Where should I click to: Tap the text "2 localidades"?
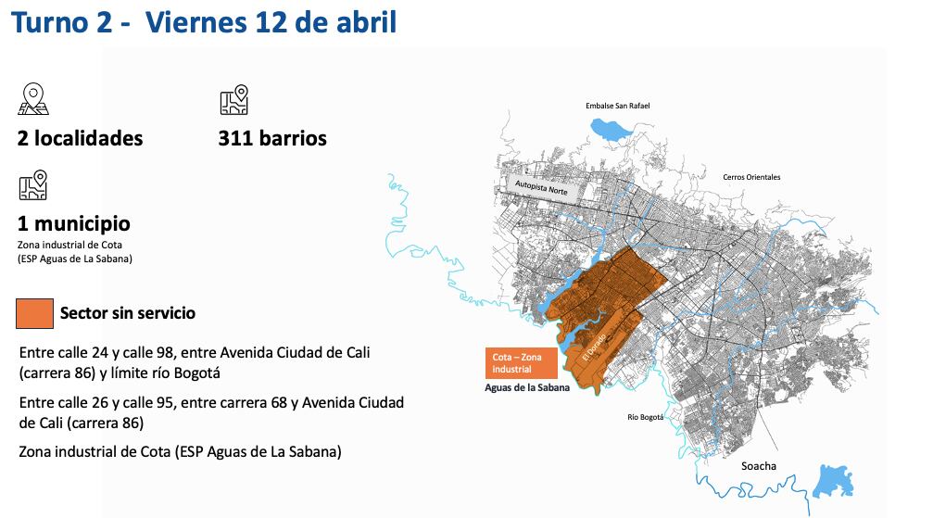80,139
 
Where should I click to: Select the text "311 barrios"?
272,139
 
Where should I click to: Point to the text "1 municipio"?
73,224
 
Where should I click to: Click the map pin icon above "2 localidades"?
33,99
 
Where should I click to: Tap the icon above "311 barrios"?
233,99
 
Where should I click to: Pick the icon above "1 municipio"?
33,185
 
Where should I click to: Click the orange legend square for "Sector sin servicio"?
34,313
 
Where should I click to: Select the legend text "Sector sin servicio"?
128,313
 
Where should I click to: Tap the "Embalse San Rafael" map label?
617,106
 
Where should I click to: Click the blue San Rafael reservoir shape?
614,130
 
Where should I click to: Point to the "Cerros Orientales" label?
751,177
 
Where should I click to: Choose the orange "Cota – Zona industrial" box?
521,362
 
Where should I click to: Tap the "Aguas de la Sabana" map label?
525,387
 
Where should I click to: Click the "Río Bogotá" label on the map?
646,417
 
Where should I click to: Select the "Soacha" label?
759,466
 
